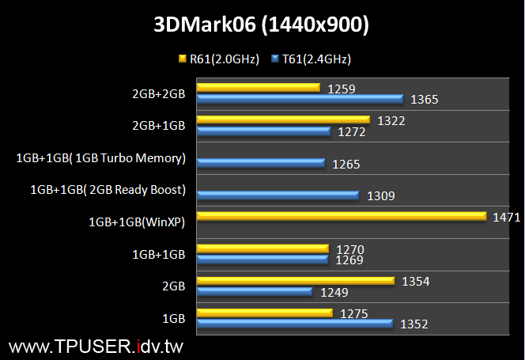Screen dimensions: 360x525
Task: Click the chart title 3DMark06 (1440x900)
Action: [x=262, y=25]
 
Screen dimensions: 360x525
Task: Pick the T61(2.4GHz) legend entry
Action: [x=310, y=59]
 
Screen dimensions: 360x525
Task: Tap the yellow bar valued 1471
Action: [x=341, y=216]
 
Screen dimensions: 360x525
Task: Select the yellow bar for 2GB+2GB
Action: [x=258, y=87]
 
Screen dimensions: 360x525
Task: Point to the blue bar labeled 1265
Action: [x=261, y=163]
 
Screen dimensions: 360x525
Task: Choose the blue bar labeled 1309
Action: [x=278, y=195]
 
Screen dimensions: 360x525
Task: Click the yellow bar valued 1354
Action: [x=295, y=280]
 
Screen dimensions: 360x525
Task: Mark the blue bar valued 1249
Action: [x=255, y=292]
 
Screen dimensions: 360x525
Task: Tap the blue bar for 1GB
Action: [x=295, y=323]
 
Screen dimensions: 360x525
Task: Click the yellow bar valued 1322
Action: [x=283, y=119]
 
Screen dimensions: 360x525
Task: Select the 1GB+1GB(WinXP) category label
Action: [x=137, y=222]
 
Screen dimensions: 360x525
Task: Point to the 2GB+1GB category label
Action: [x=158, y=125]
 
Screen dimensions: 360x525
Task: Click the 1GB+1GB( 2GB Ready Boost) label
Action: [x=107, y=190]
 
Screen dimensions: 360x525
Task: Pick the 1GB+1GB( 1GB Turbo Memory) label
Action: [x=100, y=158]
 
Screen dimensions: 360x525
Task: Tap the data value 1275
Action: [x=354, y=313]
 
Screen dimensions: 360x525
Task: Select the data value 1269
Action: [x=349, y=259]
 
